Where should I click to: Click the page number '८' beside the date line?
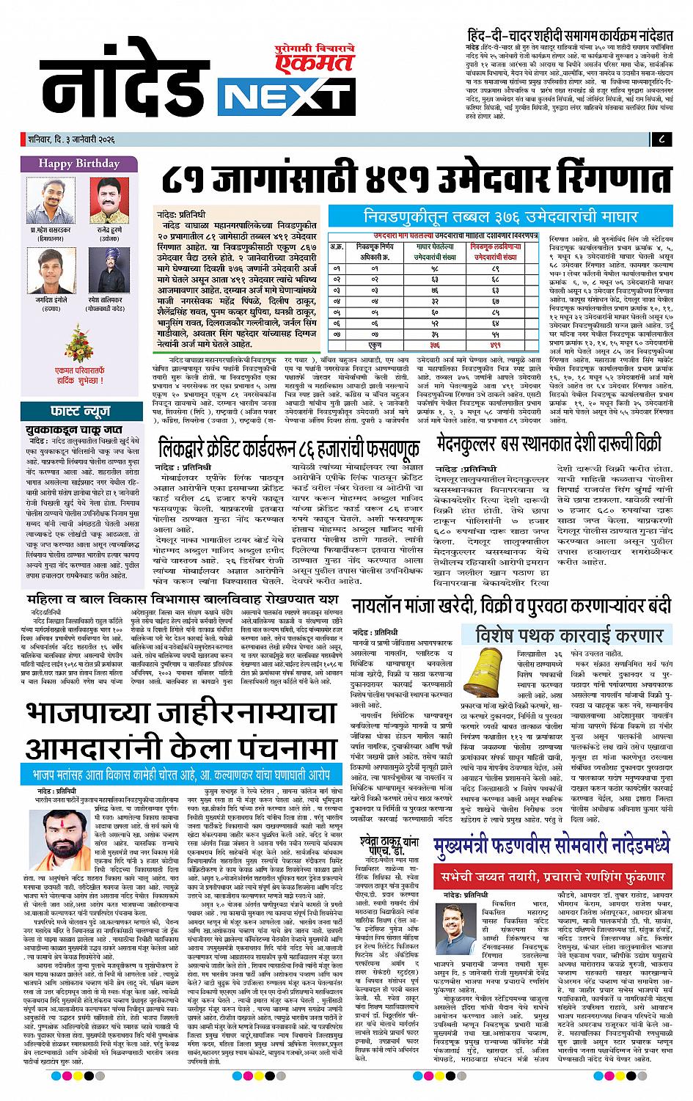pyautogui.click(x=661, y=139)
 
